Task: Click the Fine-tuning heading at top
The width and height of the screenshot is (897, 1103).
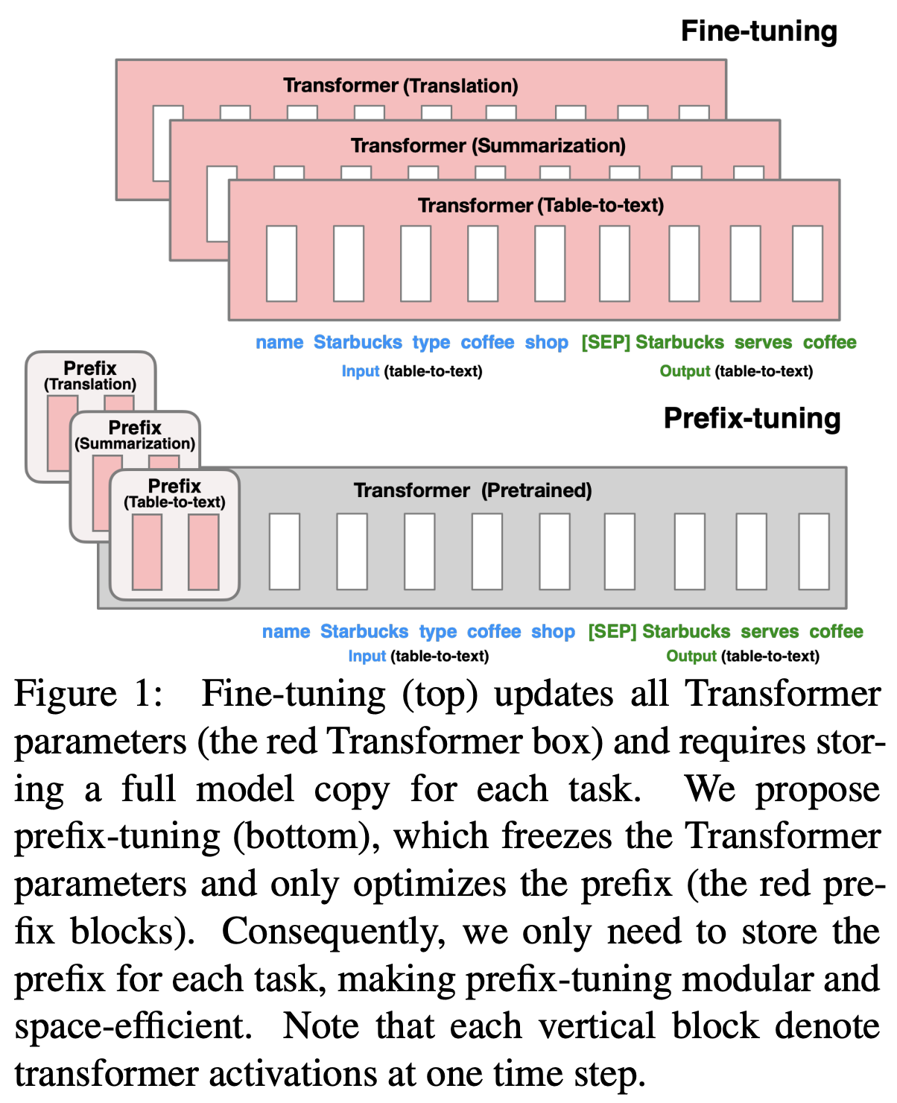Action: [758, 31]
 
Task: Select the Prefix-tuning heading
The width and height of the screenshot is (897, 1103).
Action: [752, 418]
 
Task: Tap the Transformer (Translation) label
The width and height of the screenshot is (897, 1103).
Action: [400, 86]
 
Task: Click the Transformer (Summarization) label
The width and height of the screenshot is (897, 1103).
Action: [488, 145]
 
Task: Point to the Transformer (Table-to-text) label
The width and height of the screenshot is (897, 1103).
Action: [540, 205]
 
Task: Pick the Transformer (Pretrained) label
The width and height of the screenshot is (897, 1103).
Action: [472, 490]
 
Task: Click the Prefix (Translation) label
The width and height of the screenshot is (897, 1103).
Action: [90, 376]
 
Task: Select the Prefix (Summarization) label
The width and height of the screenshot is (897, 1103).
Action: [135, 435]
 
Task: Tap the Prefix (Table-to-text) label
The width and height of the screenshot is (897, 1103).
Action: [174, 493]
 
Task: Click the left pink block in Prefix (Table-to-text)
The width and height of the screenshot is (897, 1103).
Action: [147, 552]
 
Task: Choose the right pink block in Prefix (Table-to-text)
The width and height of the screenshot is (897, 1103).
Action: [203, 552]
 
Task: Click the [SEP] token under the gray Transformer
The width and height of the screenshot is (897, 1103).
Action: [612, 632]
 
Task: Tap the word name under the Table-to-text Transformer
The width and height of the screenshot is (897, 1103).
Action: [279, 343]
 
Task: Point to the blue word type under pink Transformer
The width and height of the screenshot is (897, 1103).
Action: [431, 343]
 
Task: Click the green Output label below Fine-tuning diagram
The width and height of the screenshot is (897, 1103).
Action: [685, 371]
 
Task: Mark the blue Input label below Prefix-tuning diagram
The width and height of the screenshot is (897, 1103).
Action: [367, 657]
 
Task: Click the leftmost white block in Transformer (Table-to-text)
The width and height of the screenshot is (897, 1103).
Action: [282, 264]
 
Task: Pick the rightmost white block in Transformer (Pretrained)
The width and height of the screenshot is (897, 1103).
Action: [814, 551]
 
